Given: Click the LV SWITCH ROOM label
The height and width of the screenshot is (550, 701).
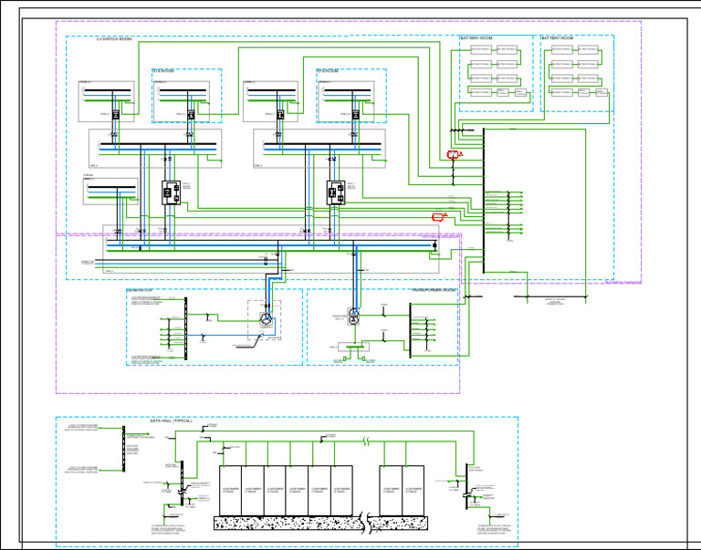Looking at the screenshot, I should [x=114, y=39].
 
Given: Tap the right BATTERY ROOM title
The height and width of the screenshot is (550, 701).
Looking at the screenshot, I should [x=558, y=38].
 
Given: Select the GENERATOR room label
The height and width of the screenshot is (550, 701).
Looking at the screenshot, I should [x=141, y=291].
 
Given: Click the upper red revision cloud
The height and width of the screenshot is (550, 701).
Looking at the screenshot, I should [x=453, y=155].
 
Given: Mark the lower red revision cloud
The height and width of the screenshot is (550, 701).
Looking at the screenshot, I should [x=438, y=217].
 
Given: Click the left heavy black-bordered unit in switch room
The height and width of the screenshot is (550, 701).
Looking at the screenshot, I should [x=171, y=192].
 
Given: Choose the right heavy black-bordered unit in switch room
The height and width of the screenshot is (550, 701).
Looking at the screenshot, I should [x=335, y=192].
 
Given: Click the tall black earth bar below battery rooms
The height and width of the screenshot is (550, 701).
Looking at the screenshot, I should [x=484, y=201].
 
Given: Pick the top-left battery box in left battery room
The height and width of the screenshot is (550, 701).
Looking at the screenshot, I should [x=480, y=49].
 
